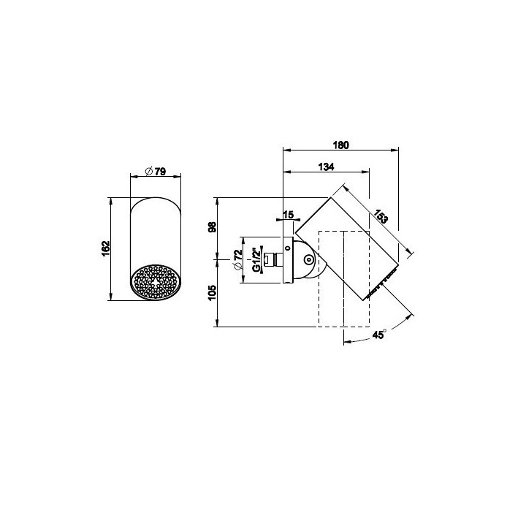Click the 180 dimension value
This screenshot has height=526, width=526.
341,145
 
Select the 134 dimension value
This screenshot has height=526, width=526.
326,167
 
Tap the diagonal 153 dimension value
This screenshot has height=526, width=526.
381,216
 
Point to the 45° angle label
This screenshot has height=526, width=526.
379,335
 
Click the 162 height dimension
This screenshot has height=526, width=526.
106,248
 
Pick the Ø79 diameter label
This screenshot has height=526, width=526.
156,172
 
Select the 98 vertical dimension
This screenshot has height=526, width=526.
213,227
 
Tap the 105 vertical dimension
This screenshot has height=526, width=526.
213,293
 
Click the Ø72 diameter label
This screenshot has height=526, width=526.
238,259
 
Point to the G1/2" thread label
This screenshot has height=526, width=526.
256,259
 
